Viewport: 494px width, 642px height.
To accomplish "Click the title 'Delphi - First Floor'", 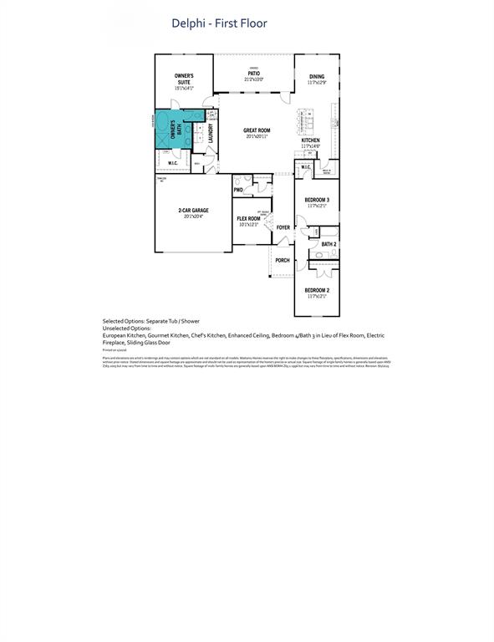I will pos(220,23).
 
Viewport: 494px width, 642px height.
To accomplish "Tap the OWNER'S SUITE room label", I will pos(184,79).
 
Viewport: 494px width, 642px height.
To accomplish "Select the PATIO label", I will pos(253,74).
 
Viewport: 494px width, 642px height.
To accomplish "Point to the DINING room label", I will pos(316,77).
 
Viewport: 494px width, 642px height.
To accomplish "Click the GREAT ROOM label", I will pos(257,130).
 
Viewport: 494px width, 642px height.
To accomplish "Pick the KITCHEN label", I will pos(311,140).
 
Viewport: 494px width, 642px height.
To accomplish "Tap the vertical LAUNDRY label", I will pos(211,135).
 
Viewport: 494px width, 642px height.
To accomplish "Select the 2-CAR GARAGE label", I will pos(193,211).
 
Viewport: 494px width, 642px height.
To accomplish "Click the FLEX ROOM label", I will pos(249,218).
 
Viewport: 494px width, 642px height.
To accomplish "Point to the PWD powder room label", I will pos(238,190).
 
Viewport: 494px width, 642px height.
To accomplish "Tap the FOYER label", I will pos(283,227).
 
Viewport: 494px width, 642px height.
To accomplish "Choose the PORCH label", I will pos(283,260).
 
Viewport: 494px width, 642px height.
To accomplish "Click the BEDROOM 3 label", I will pos(317,200).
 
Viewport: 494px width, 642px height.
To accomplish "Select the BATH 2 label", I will pos(328,244).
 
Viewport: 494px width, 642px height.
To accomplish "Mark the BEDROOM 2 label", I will pos(317,290).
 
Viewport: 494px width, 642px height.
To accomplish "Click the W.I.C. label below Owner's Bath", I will pos(172,163).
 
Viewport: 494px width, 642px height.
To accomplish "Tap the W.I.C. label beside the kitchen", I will pos(306,166).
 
